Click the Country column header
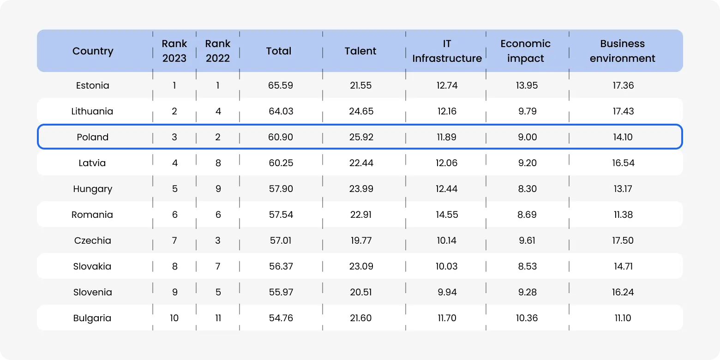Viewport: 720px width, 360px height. click(93, 51)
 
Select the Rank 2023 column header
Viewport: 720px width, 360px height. click(174, 51)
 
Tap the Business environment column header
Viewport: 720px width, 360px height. click(622, 51)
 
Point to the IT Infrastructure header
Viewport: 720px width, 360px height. click(447, 51)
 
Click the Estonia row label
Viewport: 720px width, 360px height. click(93, 85)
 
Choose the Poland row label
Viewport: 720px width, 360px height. click(93, 137)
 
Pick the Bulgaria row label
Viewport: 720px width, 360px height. click(92, 318)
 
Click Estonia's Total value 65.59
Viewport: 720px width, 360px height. click(281, 85)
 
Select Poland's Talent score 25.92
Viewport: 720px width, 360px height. click(361, 137)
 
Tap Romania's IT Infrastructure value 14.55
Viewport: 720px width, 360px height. click(447, 215)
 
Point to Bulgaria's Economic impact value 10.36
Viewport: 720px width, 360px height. click(527, 318)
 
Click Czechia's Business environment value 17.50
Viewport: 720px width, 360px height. click(623, 240)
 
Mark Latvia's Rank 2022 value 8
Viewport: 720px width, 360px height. click(218, 163)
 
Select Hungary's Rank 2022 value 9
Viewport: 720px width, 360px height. click(218, 189)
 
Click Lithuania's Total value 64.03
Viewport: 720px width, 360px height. click(281, 111)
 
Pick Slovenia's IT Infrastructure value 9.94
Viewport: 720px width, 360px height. click(447, 292)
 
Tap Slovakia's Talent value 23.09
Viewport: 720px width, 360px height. click(361, 266)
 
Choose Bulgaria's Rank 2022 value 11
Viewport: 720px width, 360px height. click(218, 318)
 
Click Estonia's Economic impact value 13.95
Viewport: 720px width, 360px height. click(527, 85)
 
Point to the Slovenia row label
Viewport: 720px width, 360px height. click(92, 292)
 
